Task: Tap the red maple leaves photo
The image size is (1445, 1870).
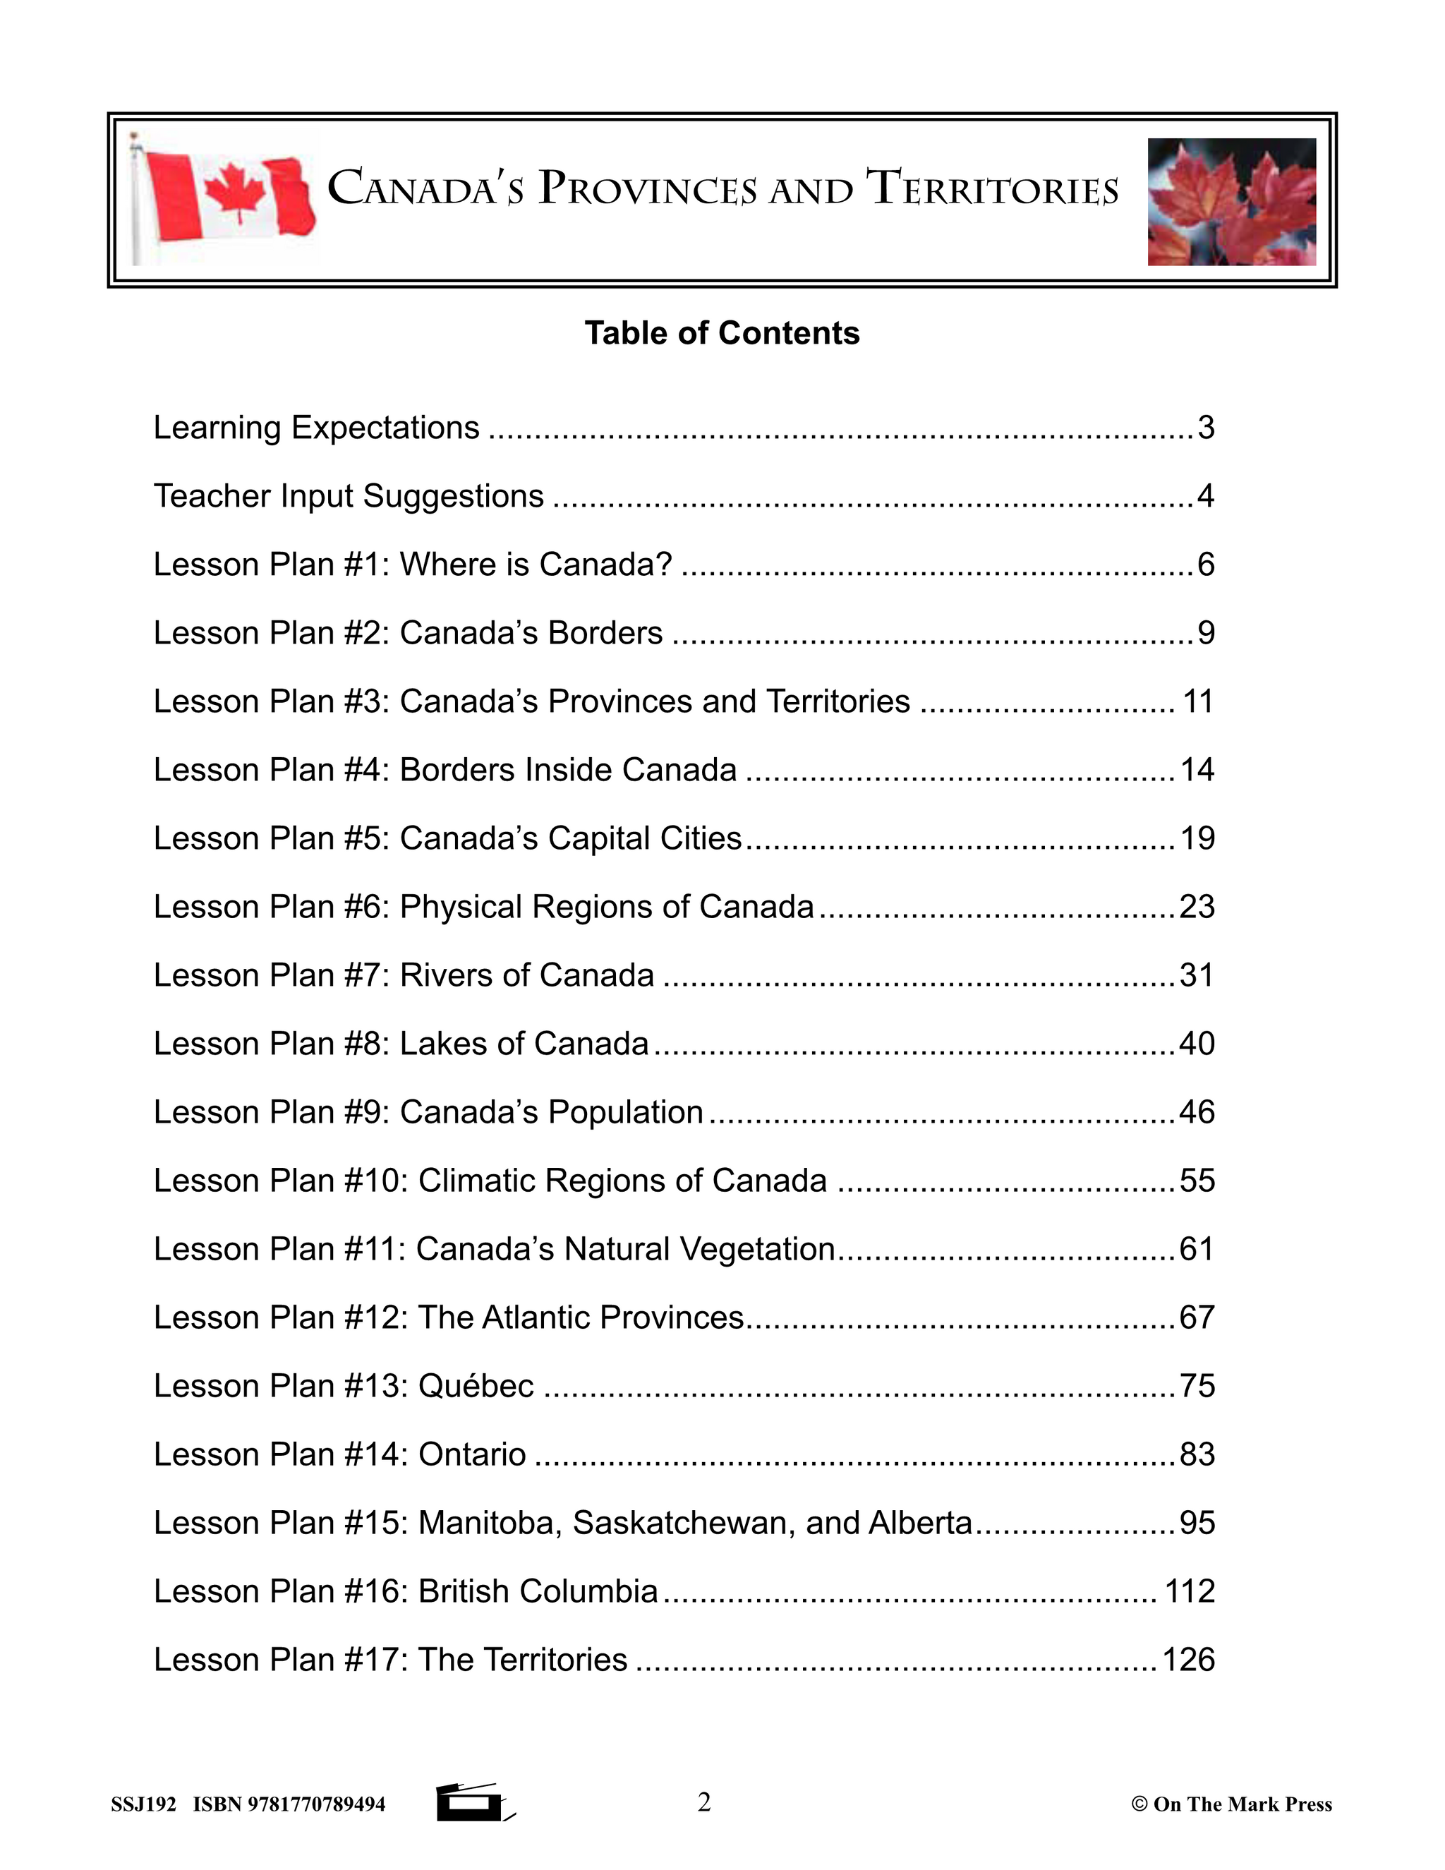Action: [1231, 201]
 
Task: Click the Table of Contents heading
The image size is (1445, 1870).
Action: [722, 333]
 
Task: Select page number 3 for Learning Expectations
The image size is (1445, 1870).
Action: [1205, 427]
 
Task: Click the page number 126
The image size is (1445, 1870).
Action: [1188, 1660]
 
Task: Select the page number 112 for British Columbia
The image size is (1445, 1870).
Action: [1190, 1591]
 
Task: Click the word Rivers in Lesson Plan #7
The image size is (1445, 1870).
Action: [446, 975]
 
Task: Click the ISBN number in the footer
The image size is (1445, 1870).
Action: [289, 1804]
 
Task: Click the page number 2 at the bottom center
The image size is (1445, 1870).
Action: [703, 1802]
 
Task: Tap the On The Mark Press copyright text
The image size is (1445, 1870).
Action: [1232, 1804]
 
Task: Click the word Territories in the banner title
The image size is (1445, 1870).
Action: [992, 190]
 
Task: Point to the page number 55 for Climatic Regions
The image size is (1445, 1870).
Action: [1197, 1181]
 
